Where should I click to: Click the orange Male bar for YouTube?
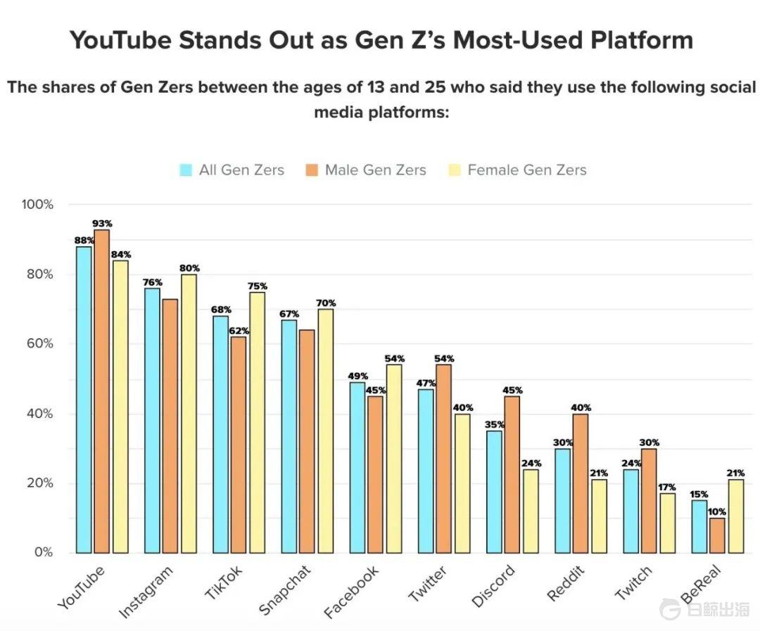point(101,391)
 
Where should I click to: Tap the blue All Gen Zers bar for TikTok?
point(221,434)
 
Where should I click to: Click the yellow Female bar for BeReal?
point(735,516)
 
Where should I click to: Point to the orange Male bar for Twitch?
point(649,501)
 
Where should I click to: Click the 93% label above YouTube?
point(103,224)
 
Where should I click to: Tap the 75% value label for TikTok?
point(258,286)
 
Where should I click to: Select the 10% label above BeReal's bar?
point(718,511)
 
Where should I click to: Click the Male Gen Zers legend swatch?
point(312,170)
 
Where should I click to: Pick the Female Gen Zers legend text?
point(526,170)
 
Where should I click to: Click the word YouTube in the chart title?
point(120,40)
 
